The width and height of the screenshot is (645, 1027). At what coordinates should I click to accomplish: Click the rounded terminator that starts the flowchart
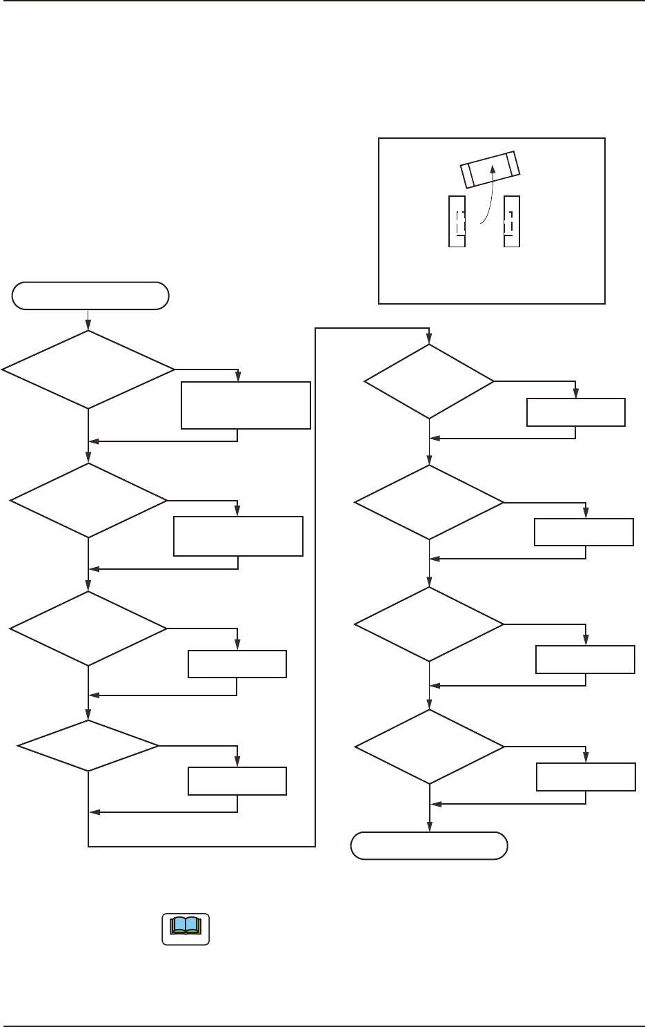pos(90,296)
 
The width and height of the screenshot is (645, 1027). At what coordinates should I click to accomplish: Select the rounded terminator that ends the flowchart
pos(429,845)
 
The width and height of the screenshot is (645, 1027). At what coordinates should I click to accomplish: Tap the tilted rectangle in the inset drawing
pos(490,170)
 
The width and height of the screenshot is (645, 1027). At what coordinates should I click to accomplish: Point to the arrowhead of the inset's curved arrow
pos(492,169)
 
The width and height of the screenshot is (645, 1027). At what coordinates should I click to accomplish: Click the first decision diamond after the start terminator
pos(88,369)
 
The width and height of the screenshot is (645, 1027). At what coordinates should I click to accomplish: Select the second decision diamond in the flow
pos(88,499)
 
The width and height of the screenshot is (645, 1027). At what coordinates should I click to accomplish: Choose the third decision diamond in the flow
pos(88,628)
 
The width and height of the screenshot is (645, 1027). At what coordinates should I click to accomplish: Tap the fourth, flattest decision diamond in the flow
pos(88,746)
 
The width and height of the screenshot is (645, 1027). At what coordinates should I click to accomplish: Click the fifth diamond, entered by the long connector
pos(429,381)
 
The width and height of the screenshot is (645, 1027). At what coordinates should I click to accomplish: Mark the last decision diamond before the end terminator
pos(429,747)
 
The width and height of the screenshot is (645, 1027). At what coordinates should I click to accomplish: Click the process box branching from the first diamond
pos(246,405)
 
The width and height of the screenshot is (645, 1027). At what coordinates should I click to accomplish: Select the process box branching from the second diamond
pos(238,535)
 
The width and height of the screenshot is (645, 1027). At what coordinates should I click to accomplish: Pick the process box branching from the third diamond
pos(237,664)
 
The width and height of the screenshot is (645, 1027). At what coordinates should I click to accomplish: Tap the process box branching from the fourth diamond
pos(237,781)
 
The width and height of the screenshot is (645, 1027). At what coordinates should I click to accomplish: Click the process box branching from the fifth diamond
pos(576,412)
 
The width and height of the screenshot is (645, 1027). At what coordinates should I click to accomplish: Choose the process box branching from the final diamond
pos(586,777)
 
